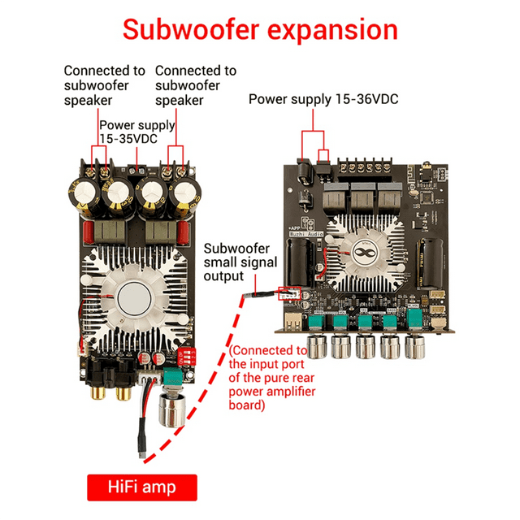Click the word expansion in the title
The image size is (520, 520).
tap(331, 30)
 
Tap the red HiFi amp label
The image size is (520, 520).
tap(142, 487)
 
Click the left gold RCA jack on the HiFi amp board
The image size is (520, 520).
tap(104, 395)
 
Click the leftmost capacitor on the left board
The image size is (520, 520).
tap(87, 191)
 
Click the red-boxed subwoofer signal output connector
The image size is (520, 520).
tap(288, 293)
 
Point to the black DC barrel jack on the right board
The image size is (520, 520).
tap(301, 171)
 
